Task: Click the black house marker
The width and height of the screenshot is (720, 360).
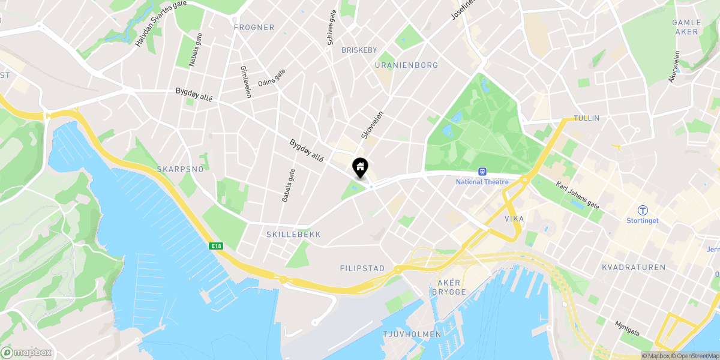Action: [x=360, y=167]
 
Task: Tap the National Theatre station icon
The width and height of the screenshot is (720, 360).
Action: [x=481, y=172]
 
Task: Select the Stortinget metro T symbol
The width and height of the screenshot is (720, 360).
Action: [x=643, y=210]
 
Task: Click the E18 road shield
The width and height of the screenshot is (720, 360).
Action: [x=217, y=245]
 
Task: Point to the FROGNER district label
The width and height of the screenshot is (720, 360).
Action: [x=254, y=28]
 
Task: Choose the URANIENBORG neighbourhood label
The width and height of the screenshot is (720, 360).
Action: [x=406, y=65]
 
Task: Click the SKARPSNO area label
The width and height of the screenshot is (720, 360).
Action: [x=180, y=169]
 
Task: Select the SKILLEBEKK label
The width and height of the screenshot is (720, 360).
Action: [x=293, y=235]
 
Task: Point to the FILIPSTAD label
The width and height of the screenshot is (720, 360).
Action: [x=362, y=268]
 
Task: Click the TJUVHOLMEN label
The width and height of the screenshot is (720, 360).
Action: [x=412, y=334]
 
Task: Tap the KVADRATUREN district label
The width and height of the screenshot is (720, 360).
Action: [x=633, y=267]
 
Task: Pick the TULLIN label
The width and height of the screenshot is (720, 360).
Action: [x=586, y=118]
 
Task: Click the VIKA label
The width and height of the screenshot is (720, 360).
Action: [x=514, y=219]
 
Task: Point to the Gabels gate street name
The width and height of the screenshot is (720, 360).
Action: [x=288, y=185]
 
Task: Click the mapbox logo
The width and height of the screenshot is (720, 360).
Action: [x=26, y=352]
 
